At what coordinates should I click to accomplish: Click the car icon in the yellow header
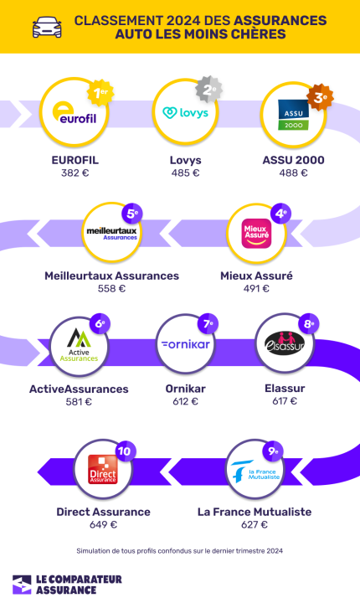[x=47, y=27]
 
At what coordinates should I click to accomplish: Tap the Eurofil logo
[x=75, y=113]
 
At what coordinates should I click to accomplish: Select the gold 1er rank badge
[x=100, y=93]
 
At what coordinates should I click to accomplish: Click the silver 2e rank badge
[x=208, y=90]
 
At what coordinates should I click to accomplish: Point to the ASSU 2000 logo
[x=294, y=115]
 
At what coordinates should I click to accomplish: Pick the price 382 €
[x=75, y=173]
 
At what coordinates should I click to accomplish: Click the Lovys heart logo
[x=169, y=113]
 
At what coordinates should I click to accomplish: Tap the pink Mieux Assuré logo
[x=256, y=234]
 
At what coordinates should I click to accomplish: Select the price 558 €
[x=111, y=288]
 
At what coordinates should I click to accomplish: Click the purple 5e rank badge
[x=132, y=214]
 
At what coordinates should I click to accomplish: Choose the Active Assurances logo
[x=79, y=345]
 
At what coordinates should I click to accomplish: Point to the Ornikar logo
[x=186, y=344]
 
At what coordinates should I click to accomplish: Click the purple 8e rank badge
[x=309, y=324]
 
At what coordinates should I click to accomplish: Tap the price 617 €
[x=285, y=401]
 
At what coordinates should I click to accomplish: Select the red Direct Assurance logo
[x=103, y=469]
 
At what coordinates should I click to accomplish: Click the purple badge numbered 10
[x=124, y=451]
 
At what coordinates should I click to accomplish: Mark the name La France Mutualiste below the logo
[x=255, y=512]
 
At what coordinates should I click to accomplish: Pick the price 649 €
[x=103, y=524]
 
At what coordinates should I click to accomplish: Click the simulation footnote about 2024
[x=180, y=551]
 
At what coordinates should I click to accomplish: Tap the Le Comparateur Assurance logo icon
[x=22, y=585]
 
